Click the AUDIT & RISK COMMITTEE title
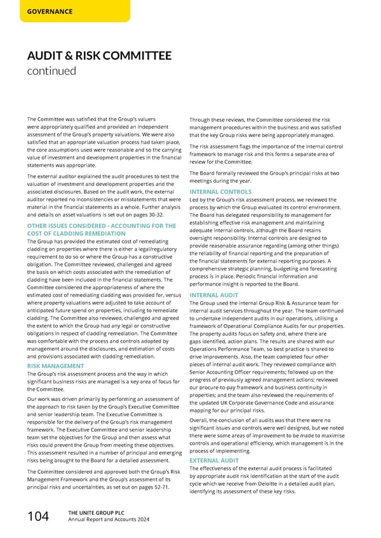[x=99, y=56]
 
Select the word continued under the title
[x=51, y=71]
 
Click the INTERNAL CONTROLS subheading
[x=220, y=192]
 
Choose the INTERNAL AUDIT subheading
[x=214, y=294]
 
